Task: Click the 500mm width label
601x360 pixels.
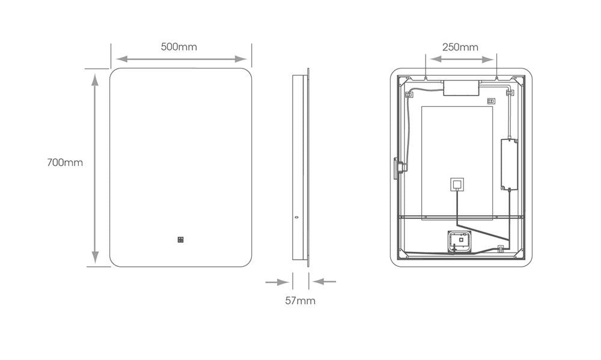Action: click(x=178, y=47)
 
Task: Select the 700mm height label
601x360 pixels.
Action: click(x=65, y=162)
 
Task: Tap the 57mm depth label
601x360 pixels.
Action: click(x=300, y=301)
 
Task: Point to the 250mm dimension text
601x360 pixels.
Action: click(x=460, y=47)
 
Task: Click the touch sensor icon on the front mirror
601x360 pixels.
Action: click(x=180, y=240)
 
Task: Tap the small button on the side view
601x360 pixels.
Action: click(x=296, y=219)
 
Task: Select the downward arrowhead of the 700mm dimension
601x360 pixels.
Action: click(x=95, y=257)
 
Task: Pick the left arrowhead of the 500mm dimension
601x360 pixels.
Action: click(x=121, y=59)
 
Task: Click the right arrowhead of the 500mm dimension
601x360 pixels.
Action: click(x=241, y=59)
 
